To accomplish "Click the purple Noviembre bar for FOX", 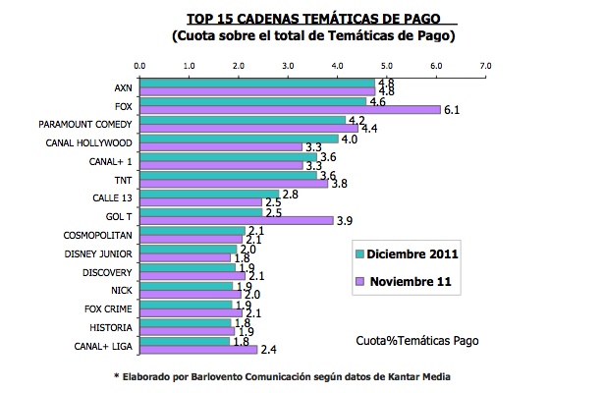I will click(290, 109).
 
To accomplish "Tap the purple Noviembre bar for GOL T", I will click(237, 220).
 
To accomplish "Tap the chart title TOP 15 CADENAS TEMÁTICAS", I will click(314, 19).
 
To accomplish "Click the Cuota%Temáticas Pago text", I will click(418, 341).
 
